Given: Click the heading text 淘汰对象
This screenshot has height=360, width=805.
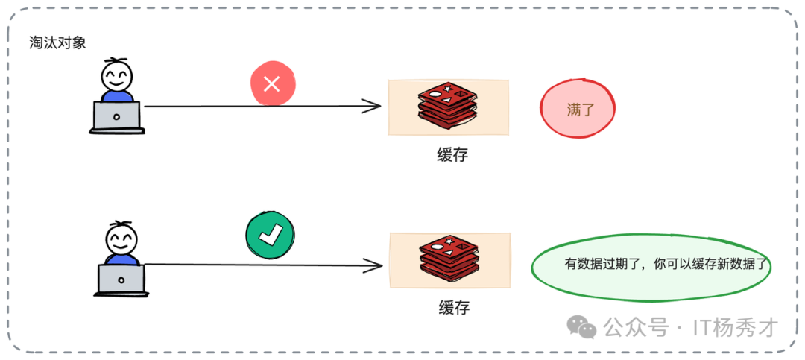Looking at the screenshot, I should [x=58, y=42].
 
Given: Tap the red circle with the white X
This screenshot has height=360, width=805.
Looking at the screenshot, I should [x=272, y=83].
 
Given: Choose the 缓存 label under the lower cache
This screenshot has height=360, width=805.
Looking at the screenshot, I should [x=454, y=306].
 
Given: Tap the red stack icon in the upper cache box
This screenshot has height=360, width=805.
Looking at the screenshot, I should [x=447, y=106].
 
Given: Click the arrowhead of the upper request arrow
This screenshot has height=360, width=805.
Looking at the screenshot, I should [x=373, y=107].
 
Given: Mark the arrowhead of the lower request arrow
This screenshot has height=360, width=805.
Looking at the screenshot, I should [x=375, y=264].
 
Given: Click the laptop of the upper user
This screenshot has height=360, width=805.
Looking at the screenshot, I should [x=117, y=117].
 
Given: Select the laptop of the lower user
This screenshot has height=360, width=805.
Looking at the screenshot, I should [x=121, y=280].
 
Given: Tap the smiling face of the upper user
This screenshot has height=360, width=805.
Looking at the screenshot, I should [x=117, y=75].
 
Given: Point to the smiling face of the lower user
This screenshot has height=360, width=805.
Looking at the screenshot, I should [x=121, y=239].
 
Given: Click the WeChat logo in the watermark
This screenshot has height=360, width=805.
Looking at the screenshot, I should [x=582, y=326].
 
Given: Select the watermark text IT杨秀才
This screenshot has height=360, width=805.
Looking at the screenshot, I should [x=736, y=327].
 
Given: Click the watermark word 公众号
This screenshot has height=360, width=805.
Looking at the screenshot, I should [x=635, y=327].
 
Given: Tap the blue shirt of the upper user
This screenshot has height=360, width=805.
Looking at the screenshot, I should [x=117, y=95].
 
